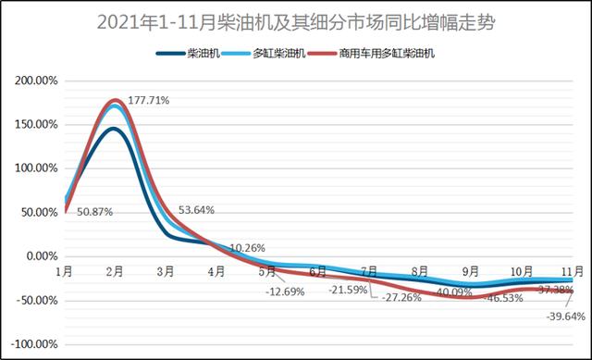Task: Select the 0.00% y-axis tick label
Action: [x=39, y=256]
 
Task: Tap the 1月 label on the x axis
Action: [x=65, y=272]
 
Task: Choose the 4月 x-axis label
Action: [x=217, y=272]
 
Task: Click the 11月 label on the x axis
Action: [x=573, y=270]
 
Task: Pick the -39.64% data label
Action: [x=565, y=316]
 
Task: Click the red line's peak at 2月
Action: [x=116, y=100]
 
